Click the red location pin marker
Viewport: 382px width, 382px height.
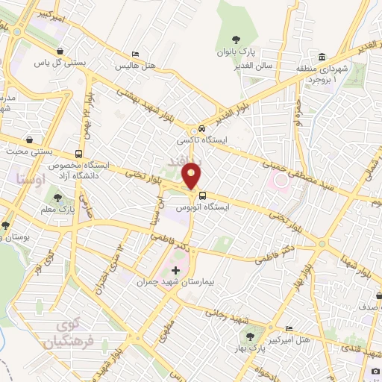[192, 176]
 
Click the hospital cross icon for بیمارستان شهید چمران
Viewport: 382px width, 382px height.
[176, 269]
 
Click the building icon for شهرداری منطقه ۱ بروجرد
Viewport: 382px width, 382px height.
[322, 57]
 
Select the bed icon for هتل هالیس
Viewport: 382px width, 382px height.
[134, 54]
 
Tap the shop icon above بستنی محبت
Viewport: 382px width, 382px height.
[29, 140]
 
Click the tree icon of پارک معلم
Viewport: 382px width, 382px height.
[57, 198]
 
